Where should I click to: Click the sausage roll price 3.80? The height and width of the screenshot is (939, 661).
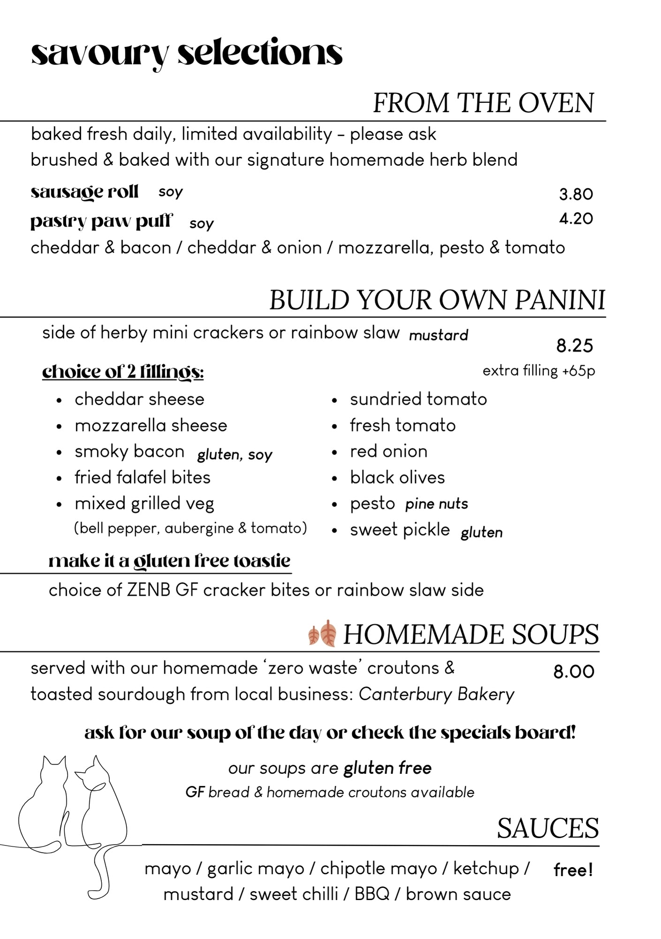pyautogui.click(x=576, y=194)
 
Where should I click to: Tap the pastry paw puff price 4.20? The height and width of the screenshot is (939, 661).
pyautogui.click(x=576, y=218)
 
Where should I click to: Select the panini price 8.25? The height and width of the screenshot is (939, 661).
pyautogui.click(x=575, y=346)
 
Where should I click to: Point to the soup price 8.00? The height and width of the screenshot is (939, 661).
pyautogui.click(x=574, y=672)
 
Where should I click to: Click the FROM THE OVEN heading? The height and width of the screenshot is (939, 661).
pyautogui.click(x=483, y=103)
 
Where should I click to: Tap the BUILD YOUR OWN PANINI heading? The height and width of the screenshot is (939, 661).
pyautogui.click(x=437, y=300)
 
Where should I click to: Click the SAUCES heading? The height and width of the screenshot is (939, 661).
pyautogui.click(x=547, y=828)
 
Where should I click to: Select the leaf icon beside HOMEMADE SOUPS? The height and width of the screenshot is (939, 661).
pyautogui.click(x=322, y=634)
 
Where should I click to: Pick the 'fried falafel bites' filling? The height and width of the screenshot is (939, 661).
pyautogui.click(x=142, y=477)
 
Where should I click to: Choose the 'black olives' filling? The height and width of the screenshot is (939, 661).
pyautogui.click(x=397, y=477)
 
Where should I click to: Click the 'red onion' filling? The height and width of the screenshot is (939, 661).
pyautogui.click(x=388, y=451)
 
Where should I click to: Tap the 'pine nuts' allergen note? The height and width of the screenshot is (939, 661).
pyautogui.click(x=436, y=504)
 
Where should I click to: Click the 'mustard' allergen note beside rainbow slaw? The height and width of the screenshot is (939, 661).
pyautogui.click(x=438, y=335)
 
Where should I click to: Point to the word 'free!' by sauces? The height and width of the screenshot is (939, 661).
pyautogui.click(x=573, y=870)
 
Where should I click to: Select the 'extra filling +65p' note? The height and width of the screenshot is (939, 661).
pyautogui.click(x=539, y=371)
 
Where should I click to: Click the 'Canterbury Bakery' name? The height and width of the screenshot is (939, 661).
pyautogui.click(x=436, y=694)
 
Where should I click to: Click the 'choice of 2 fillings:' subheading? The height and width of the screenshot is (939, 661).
pyautogui.click(x=123, y=371)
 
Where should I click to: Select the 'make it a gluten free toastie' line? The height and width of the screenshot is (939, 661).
pyautogui.click(x=169, y=561)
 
